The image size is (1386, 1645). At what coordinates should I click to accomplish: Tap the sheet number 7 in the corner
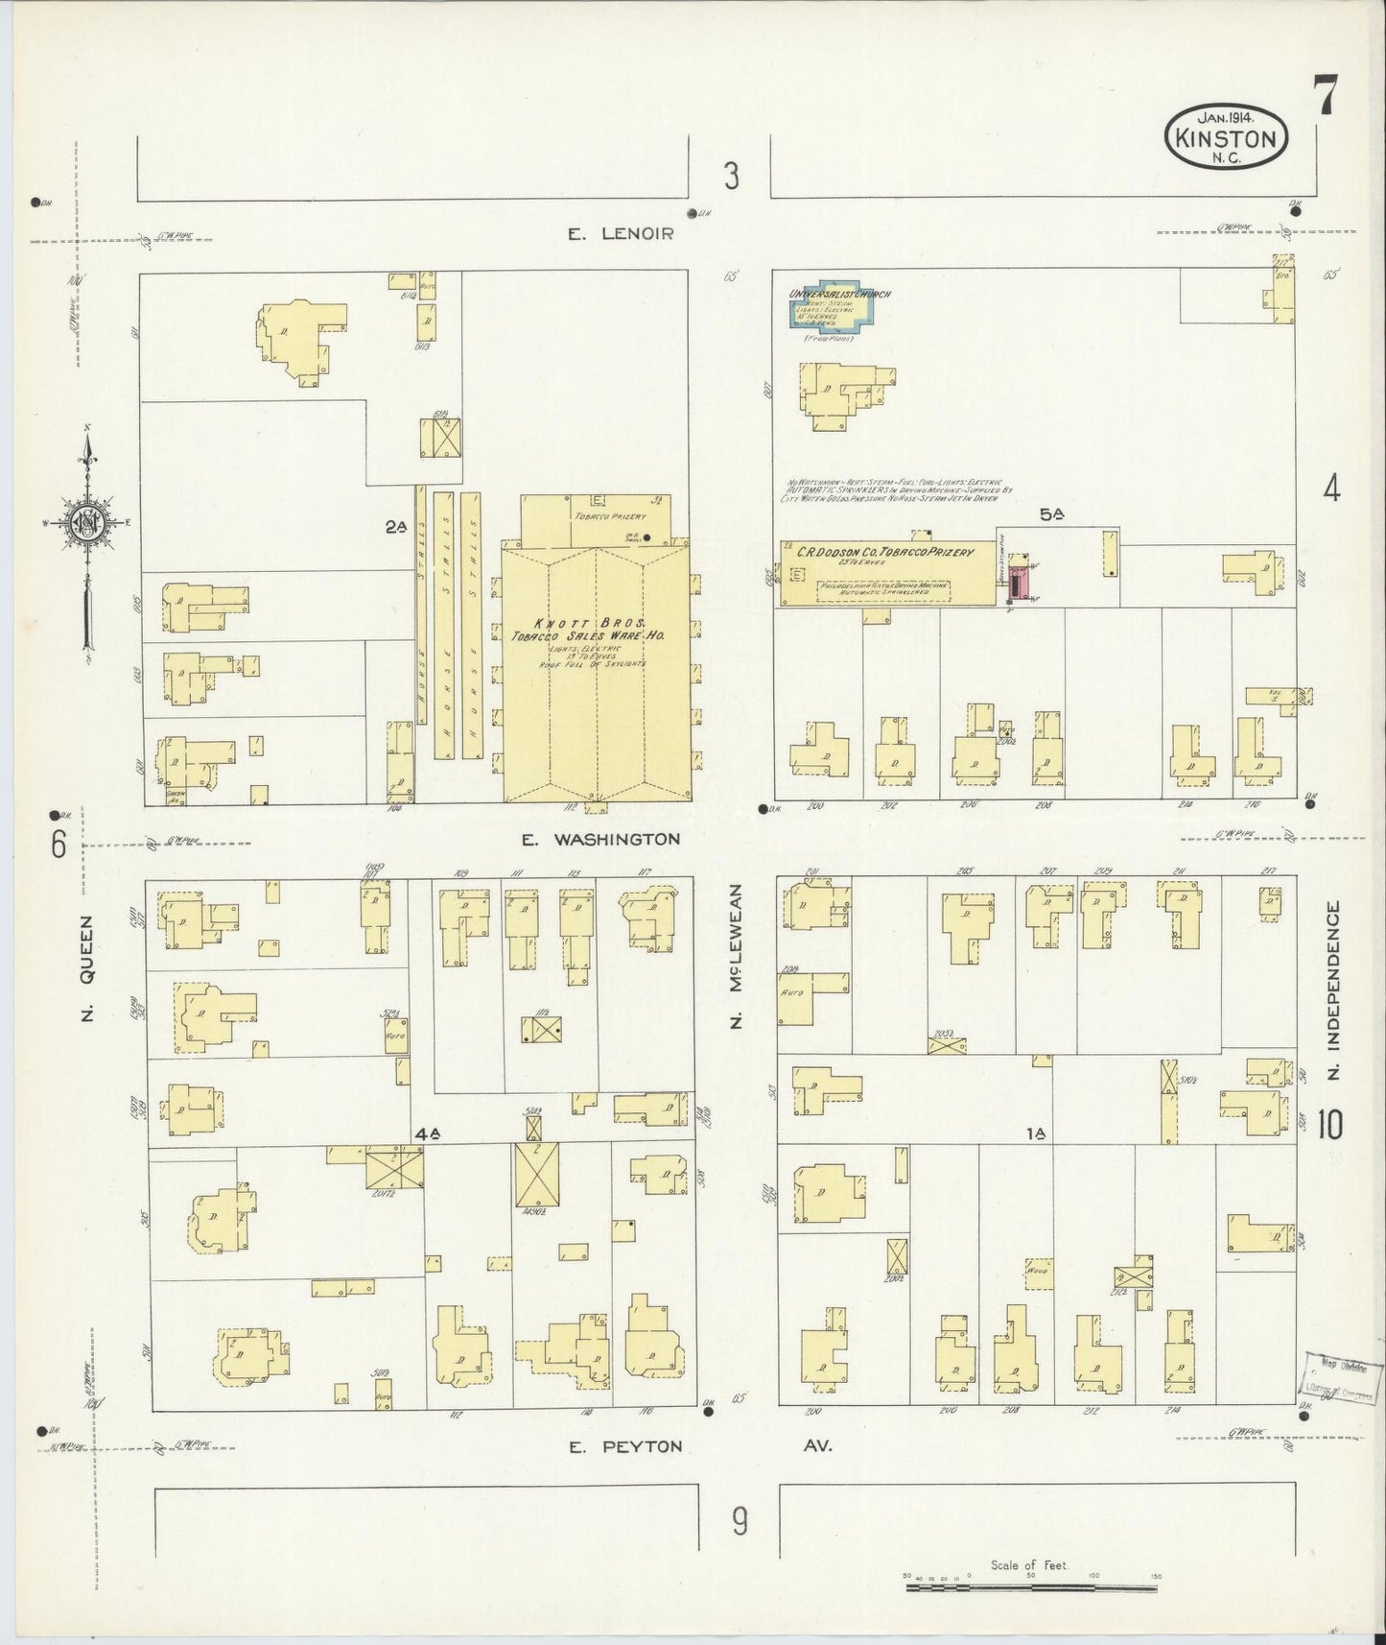tap(1327, 99)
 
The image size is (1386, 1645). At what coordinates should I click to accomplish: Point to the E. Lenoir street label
tap(621, 233)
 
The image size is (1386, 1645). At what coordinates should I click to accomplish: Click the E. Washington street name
tap(600, 839)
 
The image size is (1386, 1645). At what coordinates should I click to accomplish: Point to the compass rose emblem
tap(86, 523)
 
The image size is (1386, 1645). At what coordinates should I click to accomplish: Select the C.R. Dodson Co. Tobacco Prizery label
tap(883, 553)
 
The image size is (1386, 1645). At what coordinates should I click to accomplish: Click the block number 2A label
tap(396, 526)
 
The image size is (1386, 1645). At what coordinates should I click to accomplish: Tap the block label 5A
tap(1051, 514)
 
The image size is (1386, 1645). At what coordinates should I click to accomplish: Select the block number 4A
tap(427, 1133)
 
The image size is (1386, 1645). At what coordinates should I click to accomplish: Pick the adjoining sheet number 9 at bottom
tap(739, 1520)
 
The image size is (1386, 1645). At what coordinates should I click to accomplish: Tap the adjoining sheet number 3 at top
tap(732, 177)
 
